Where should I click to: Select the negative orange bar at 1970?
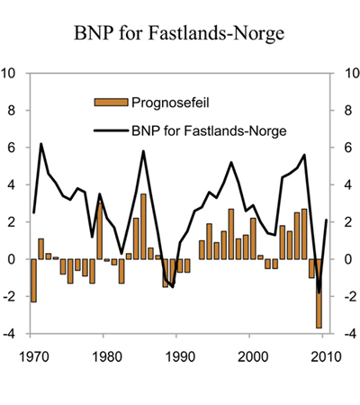34,280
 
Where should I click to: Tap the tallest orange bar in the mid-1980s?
143,227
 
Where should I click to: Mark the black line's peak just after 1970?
41,144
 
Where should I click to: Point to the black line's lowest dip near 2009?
319,292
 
